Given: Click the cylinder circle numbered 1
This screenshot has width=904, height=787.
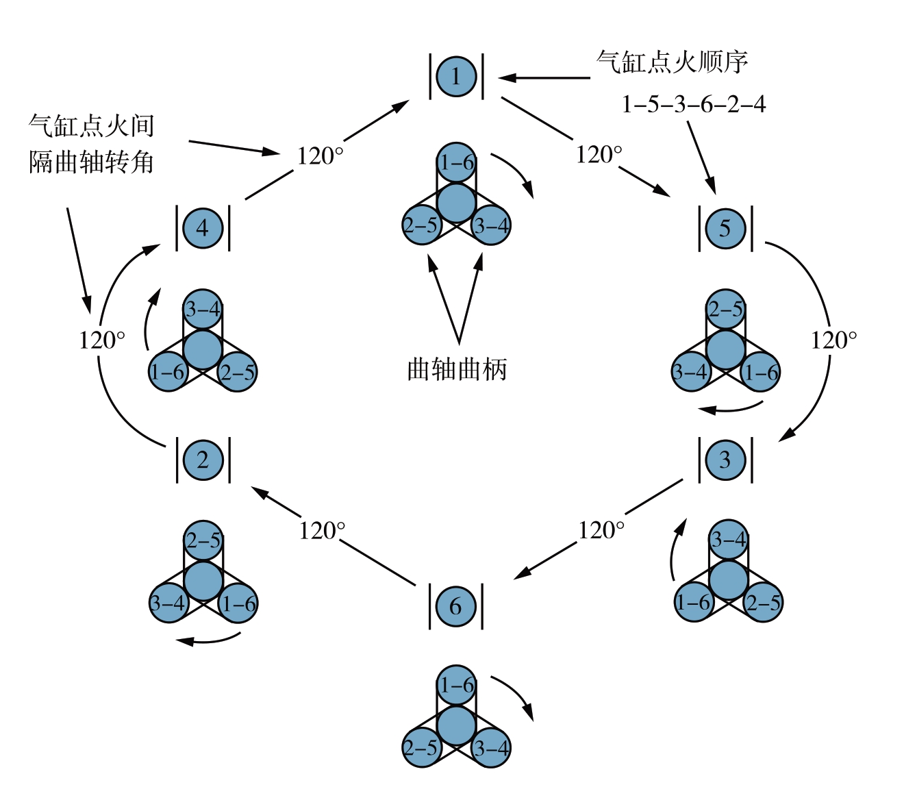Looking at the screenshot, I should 456,76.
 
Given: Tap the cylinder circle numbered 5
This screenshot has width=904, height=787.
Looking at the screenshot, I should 725,228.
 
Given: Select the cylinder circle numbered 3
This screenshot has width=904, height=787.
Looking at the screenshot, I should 725,460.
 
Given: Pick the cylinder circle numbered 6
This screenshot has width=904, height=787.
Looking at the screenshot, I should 456,605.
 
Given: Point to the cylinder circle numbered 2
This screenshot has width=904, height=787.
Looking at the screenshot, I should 203,460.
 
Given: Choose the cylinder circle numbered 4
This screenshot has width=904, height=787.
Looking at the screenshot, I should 203,228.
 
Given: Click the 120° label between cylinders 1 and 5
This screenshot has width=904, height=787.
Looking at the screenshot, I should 599,155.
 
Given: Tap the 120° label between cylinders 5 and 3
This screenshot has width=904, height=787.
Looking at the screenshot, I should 834,340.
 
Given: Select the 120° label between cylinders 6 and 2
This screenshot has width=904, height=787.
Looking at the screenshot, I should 322,530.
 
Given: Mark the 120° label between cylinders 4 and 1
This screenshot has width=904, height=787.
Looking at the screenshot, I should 320,156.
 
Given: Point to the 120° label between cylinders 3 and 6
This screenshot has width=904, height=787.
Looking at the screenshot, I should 601,530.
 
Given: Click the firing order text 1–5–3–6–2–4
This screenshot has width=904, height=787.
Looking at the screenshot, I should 693,104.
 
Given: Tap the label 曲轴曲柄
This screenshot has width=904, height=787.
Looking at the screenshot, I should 457,369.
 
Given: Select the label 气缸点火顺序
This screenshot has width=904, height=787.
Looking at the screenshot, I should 672,62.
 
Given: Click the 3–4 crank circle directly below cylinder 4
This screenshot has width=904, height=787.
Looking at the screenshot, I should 203,309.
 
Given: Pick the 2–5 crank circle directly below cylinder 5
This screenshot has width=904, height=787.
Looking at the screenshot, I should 725,309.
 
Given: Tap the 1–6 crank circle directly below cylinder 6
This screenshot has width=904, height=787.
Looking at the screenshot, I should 456,684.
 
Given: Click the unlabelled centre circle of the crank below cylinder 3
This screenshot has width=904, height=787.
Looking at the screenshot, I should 728,579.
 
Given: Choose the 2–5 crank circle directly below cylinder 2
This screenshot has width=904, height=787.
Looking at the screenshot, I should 203,540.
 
